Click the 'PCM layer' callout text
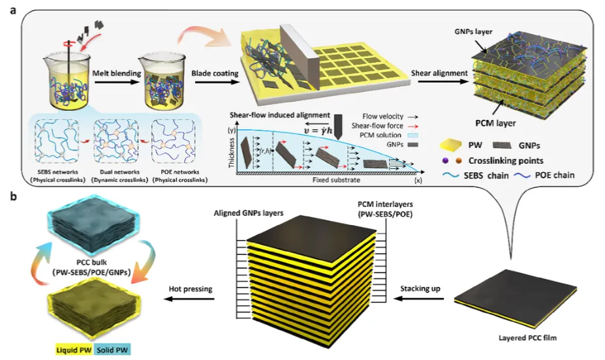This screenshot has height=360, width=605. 484,121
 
